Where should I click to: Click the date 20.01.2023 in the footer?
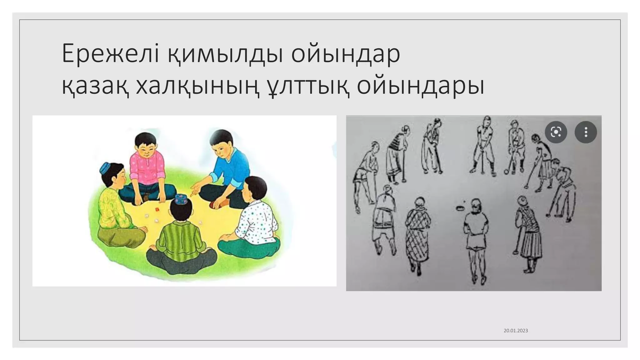[516, 331]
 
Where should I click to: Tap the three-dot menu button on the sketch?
[586, 132]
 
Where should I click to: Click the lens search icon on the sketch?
[556, 132]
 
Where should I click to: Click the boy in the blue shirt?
[228, 169]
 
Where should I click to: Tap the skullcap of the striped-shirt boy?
[181, 199]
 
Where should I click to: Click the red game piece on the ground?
[158, 209]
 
